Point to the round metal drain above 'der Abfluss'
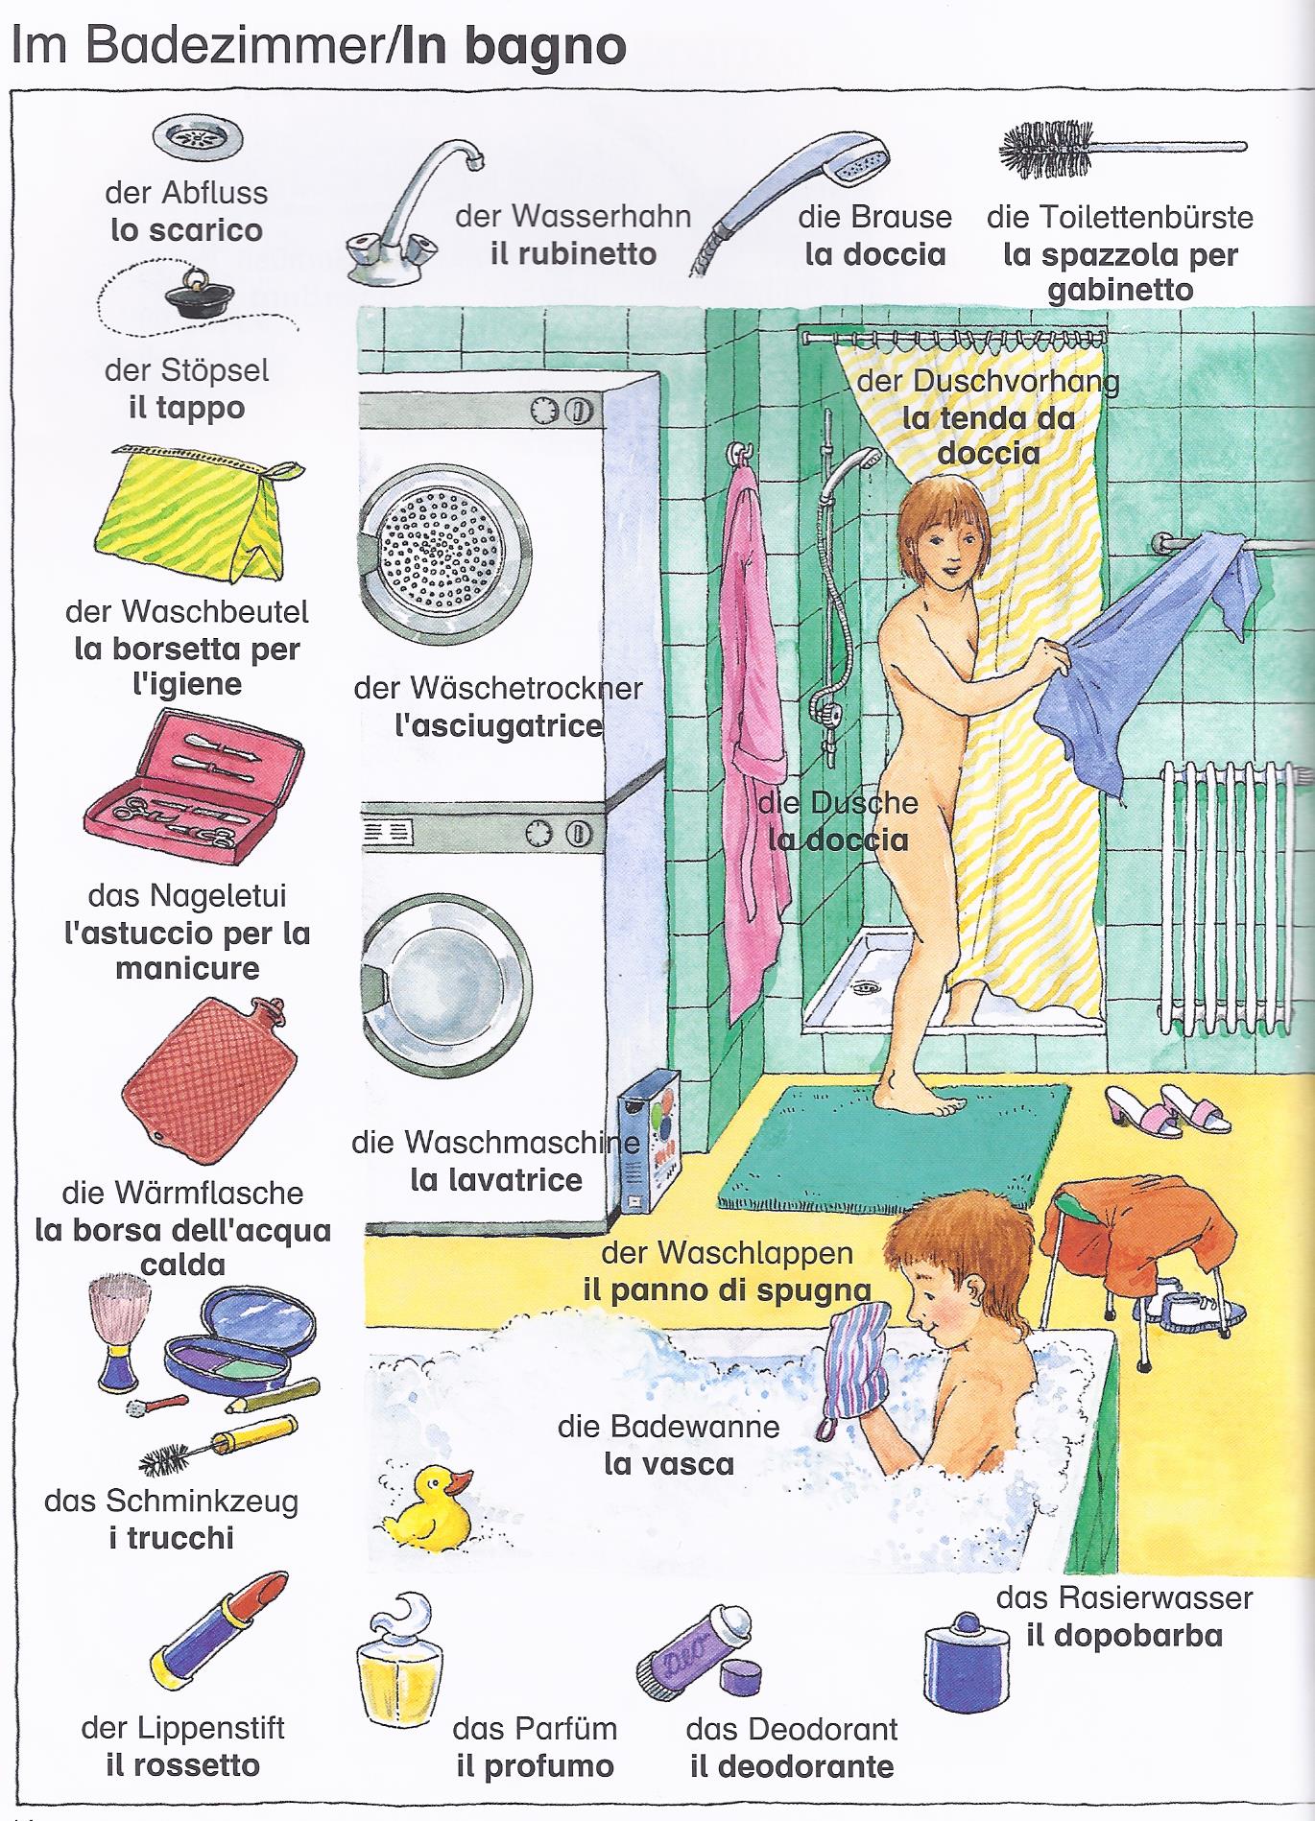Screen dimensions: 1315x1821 coord(198,140)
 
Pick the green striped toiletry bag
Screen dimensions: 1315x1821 coord(196,512)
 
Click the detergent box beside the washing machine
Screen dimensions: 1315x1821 coord(646,1155)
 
